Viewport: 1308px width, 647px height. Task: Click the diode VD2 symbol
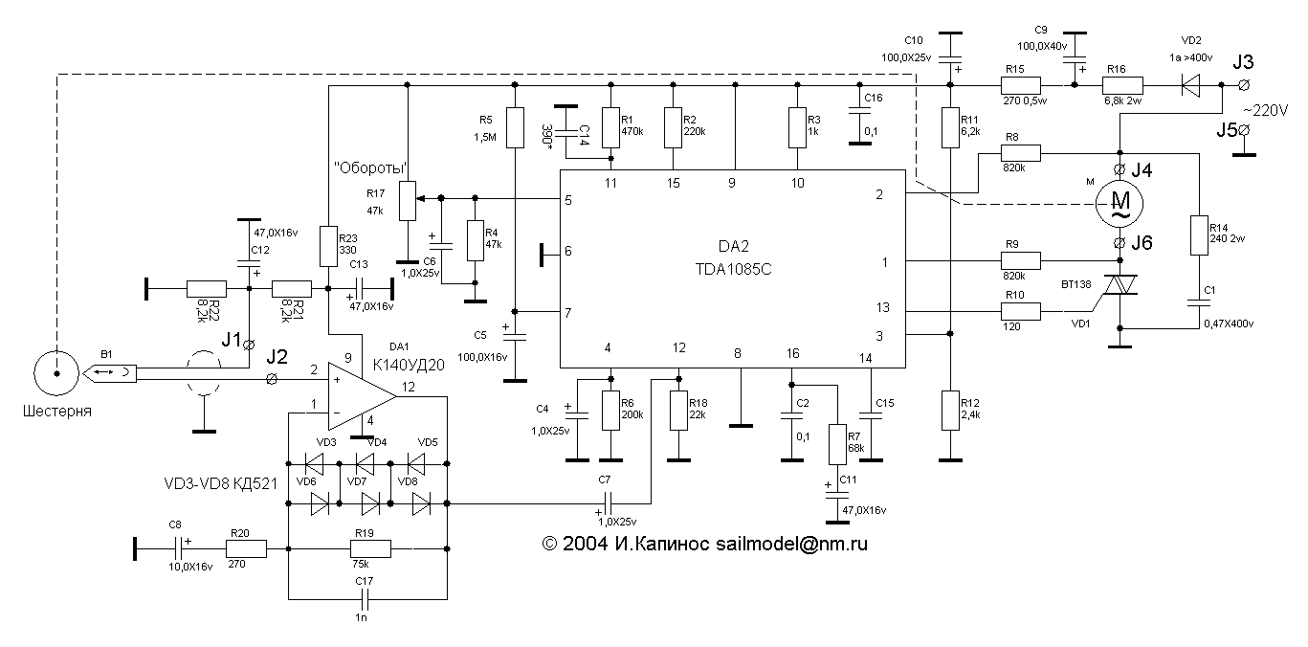point(1191,85)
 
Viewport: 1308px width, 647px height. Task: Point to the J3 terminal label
point(1243,63)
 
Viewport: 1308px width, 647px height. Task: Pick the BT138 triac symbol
point(1120,284)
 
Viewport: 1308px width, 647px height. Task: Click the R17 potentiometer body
point(408,199)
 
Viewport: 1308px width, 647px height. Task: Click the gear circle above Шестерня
point(56,374)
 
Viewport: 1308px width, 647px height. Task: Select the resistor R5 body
point(515,127)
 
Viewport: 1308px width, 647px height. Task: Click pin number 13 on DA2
point(883,307)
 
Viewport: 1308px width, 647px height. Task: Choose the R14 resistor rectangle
point(1198,235)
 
